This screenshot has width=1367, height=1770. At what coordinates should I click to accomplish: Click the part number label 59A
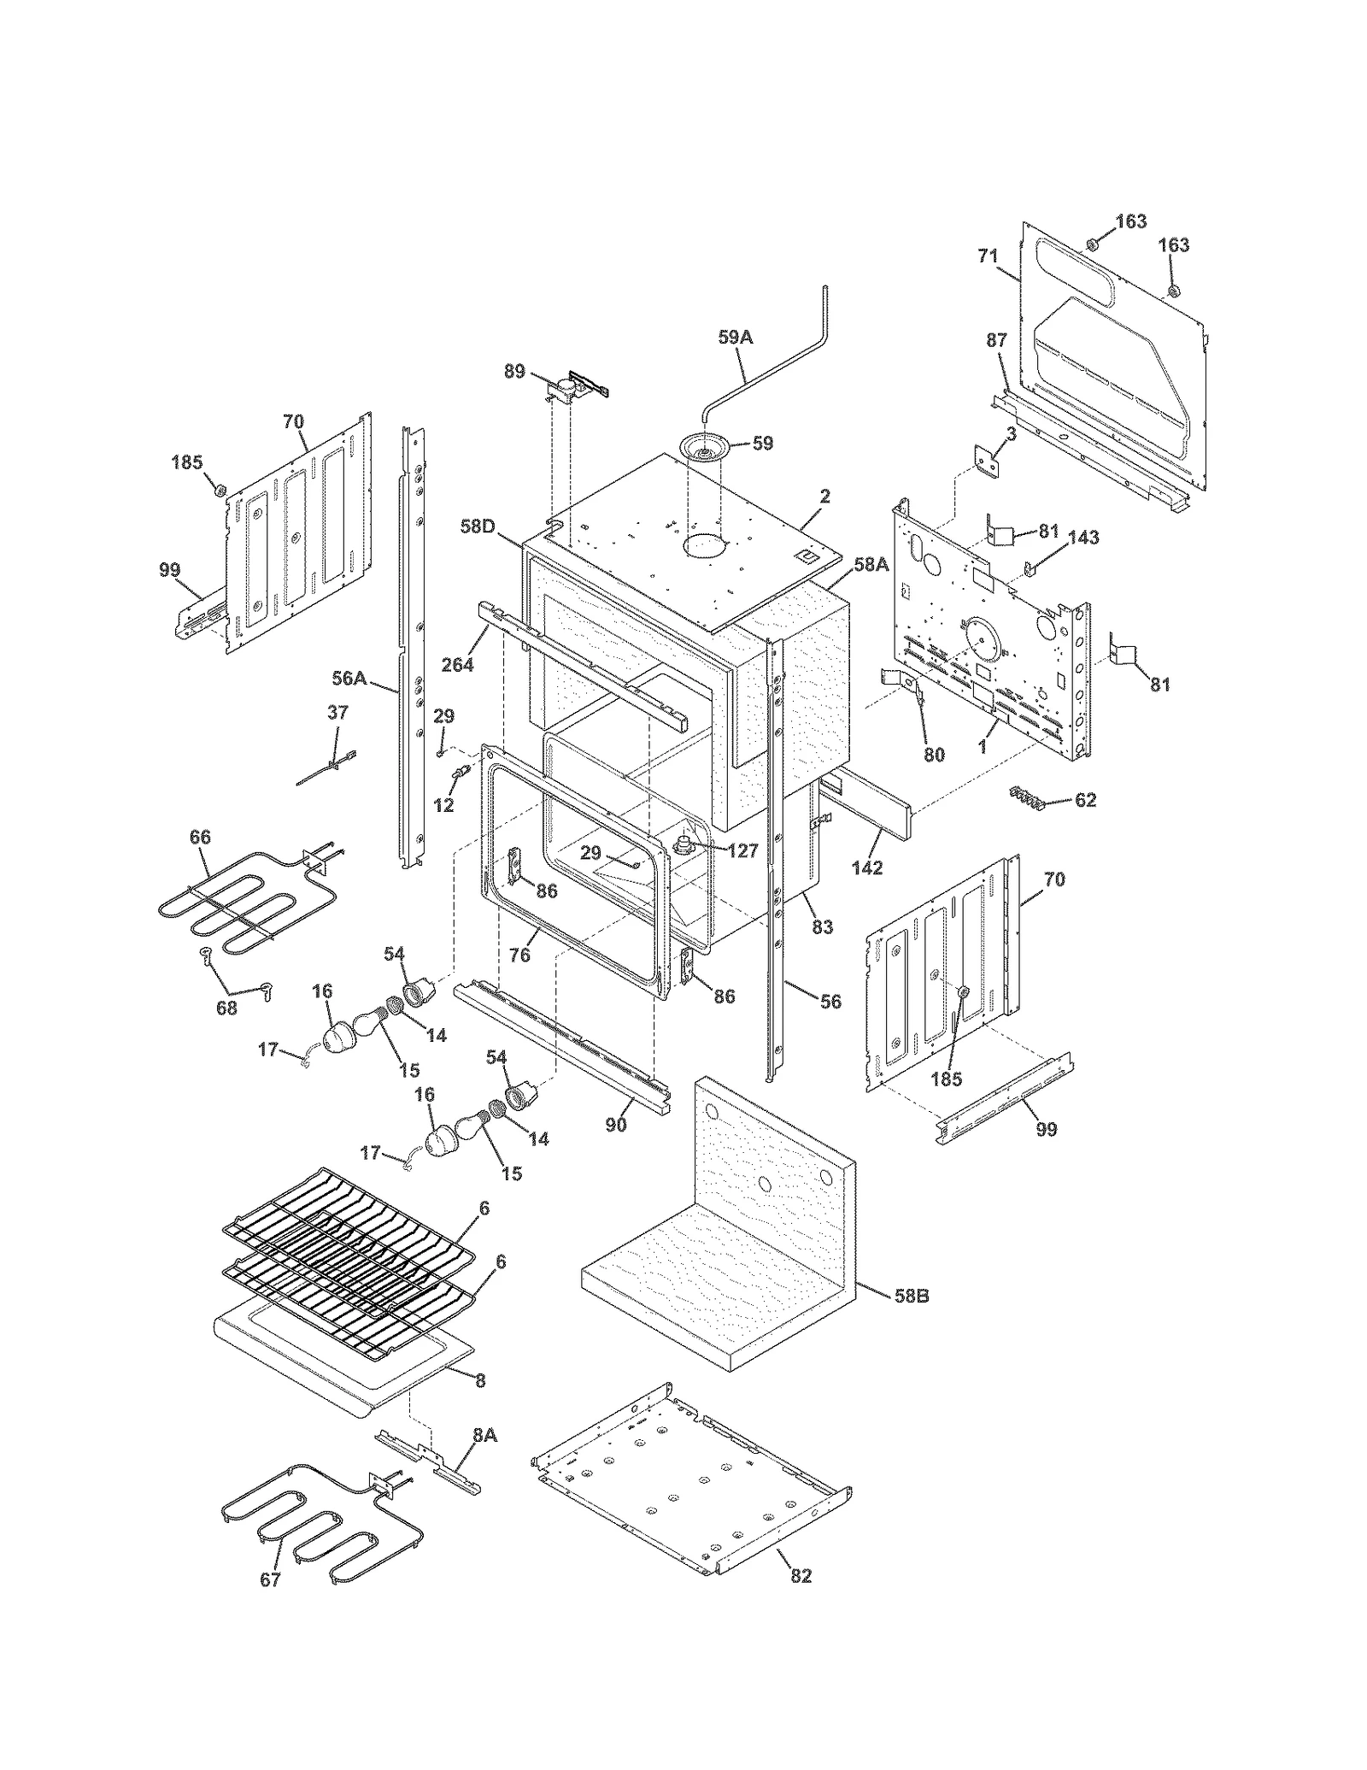(735, 338)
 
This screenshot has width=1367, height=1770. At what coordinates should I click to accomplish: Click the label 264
(458, 663)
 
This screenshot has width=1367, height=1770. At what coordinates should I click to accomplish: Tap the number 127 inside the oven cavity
(743, 851)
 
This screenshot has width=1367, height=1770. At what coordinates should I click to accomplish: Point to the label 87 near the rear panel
(997, 340)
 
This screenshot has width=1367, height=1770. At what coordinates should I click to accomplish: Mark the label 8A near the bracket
(484, 1435)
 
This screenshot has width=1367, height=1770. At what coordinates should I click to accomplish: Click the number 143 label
(1082, 538)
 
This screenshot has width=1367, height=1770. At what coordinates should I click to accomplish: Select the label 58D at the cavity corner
(478, 526)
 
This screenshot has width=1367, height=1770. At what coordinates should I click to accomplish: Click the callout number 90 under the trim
(616, 1125)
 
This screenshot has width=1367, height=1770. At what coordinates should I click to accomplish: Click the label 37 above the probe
(337, 713)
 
